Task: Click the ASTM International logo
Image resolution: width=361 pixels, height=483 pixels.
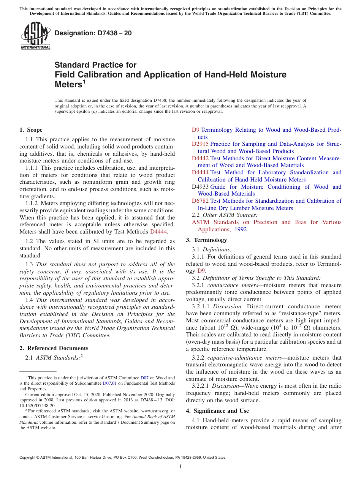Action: point(36,36)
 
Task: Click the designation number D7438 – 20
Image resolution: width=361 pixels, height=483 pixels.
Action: point(93,33)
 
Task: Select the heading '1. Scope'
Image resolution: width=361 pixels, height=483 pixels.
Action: point(31,130)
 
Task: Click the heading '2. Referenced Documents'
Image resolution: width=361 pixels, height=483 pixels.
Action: point(54,348)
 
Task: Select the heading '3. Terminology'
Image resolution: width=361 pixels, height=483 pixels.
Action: point(206,240)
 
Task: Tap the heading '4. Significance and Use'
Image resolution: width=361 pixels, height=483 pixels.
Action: point(217,411)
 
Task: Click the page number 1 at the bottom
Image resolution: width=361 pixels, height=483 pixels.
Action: point(180,467)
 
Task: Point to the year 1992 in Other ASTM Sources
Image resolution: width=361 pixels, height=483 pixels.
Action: point(240,229)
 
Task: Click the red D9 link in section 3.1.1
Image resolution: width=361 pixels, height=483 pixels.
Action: point(201,271)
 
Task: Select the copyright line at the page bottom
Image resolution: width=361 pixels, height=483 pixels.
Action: point(122,458)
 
